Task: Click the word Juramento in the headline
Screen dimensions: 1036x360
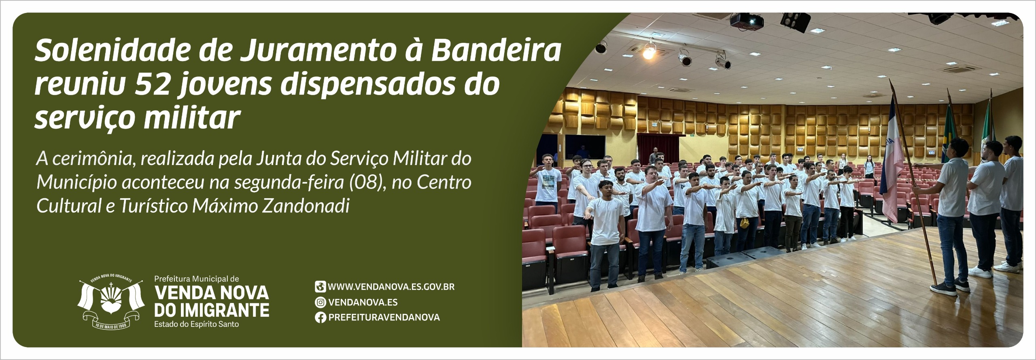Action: [x=321, y=50]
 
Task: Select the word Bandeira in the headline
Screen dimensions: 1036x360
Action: [x=496, y=50]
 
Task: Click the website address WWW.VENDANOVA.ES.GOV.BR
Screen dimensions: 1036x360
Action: [x=391, y=287]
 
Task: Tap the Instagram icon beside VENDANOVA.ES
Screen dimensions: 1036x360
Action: [x=321, y=302]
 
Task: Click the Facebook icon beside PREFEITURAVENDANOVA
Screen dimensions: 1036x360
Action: [x=321, y=318]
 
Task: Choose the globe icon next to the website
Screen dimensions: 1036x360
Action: [x=321, y=287]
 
